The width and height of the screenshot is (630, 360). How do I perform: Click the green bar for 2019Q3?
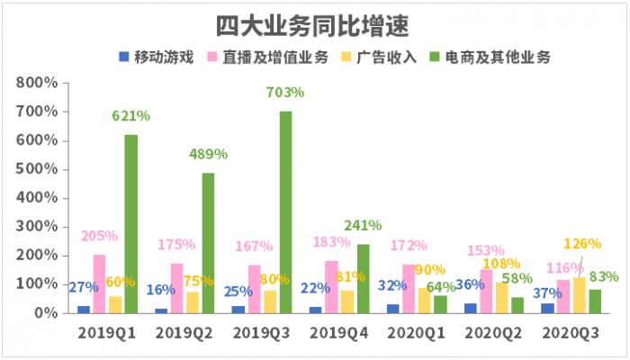click(x=285, y=212)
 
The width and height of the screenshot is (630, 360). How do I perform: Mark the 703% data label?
click(x=285, y=92)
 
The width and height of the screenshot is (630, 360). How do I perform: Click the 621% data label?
click(x=130, y=115)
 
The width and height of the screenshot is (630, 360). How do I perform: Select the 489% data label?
click(x=208, y=154)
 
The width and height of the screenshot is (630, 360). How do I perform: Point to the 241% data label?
click(x=363, y=225)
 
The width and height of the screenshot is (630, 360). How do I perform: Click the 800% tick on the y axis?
click(x=36, y=83)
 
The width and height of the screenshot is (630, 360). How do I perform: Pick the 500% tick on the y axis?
click(x=36, y=169)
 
